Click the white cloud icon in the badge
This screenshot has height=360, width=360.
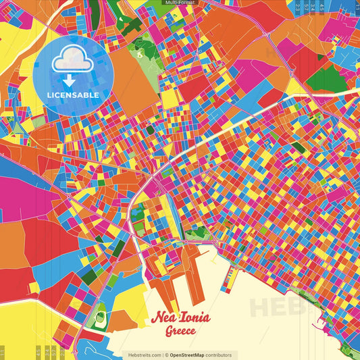pos(72,61)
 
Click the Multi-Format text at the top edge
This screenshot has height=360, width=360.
pos(179,3)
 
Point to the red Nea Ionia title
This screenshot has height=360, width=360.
pos(180,318)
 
